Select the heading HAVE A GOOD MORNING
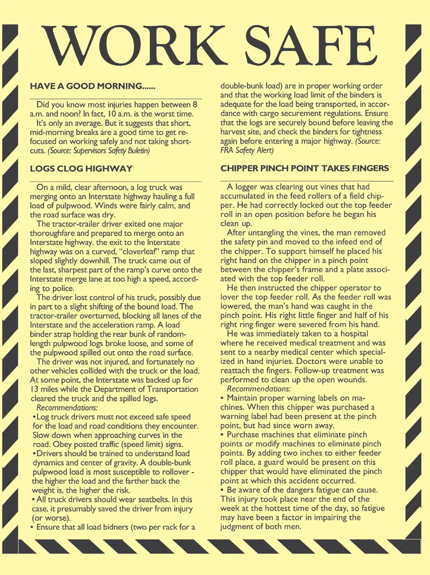[x=92, y=86]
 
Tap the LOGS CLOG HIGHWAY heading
[x=81, y=169]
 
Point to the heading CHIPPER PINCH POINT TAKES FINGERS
[x=305, y=168]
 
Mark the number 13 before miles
[x=34, y=389]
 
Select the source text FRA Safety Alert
[x=247, y=150]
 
